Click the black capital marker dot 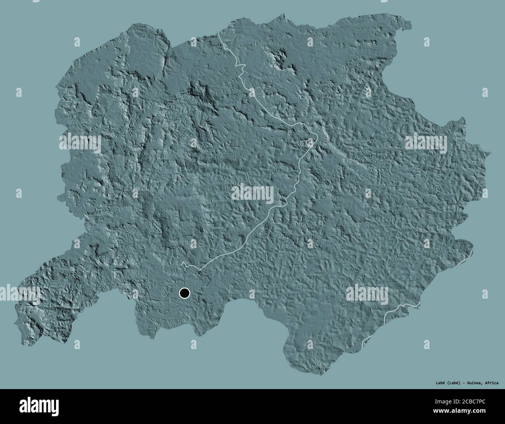click(x=184, y=293)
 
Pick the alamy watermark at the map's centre click(x=253, y=192)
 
